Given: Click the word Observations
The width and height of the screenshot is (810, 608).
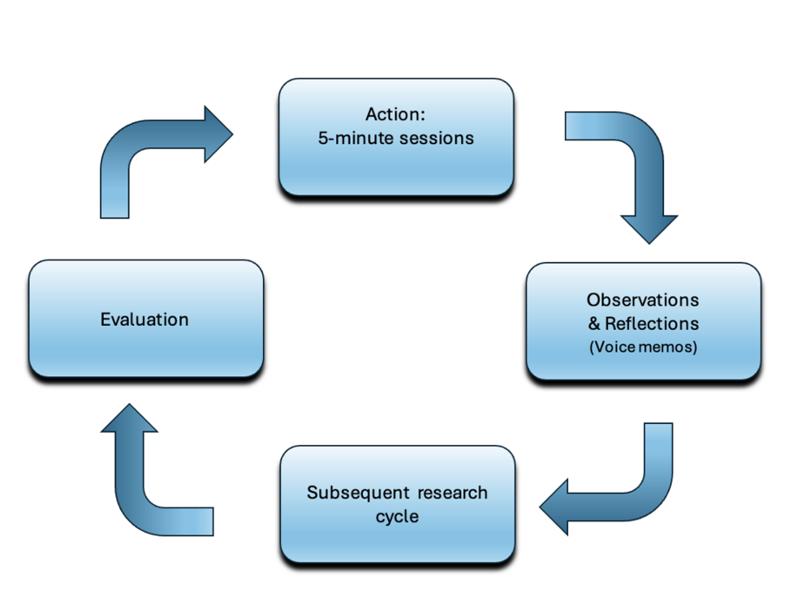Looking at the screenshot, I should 643,299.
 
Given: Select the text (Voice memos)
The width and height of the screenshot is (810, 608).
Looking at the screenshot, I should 643,347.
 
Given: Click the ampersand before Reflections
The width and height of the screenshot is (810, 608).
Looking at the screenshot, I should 595,323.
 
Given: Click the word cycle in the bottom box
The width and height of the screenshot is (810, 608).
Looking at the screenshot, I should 397,516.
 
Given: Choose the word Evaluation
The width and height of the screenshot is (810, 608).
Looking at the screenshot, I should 144,319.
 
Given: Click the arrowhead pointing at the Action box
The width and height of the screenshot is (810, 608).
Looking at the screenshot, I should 218,134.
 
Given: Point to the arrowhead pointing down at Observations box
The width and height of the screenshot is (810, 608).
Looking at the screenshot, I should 649,227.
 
